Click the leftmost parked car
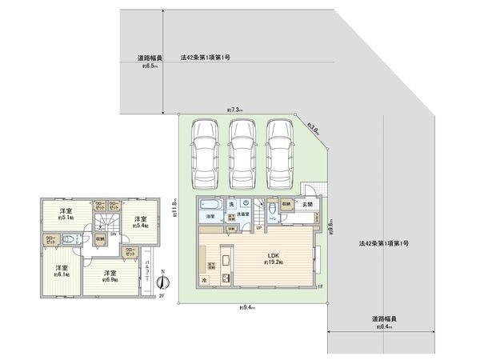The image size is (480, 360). click(x=204, y=151)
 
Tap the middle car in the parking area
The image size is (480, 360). click(x=242, y=151)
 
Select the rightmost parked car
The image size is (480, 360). click(x=279, y=151)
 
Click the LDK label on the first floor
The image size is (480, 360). click(x=272, y=256)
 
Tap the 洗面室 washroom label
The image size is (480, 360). click(x=242, y=214)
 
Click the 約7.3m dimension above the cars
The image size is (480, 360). click(x=234, y=110)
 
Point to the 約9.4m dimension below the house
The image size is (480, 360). click(x=246, y=307)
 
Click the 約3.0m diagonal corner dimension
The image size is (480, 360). click(x=314, y=127)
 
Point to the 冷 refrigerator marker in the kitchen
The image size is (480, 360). click(x=204, y=279)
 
